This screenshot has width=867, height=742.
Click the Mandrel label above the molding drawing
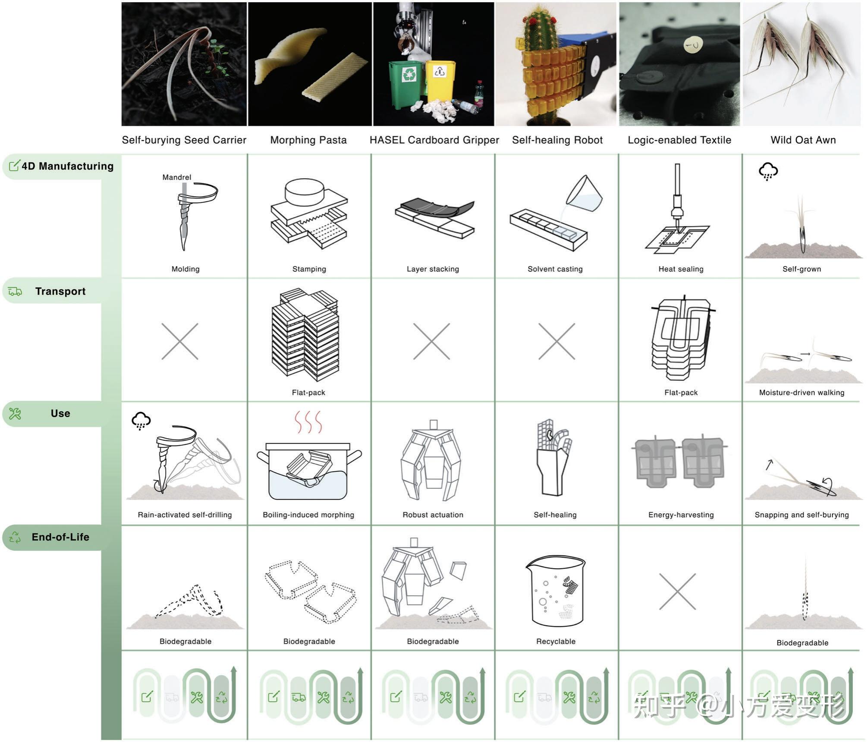[x=176, y=177]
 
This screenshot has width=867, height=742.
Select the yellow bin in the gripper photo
[x=440, y=82]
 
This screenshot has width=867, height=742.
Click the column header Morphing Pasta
[x=308, y=140]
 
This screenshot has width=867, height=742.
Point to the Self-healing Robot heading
[x=557, y=140]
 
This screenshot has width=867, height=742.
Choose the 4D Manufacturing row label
[x=68, y=166]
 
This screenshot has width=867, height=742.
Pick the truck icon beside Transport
[x=15, y=292]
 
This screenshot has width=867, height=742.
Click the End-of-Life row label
[x=60, y=537]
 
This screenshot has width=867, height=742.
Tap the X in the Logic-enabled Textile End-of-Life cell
[x=677, y=591]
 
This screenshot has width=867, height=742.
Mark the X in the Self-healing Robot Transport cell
[x=556, y=341]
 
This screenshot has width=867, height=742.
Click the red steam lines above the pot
[x=308, y=421]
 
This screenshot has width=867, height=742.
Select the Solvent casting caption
[x=555, y=269]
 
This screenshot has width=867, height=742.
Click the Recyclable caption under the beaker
[x=556, y=641]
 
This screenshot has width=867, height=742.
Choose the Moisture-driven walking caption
[x=802, y=393]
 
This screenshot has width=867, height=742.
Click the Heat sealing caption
[x=681, y=269]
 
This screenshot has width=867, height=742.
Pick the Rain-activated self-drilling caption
[x=185, y=515]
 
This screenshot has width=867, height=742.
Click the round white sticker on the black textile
[x=694, y=44]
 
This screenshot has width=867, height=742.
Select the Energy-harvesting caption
[x=681, y=515]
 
